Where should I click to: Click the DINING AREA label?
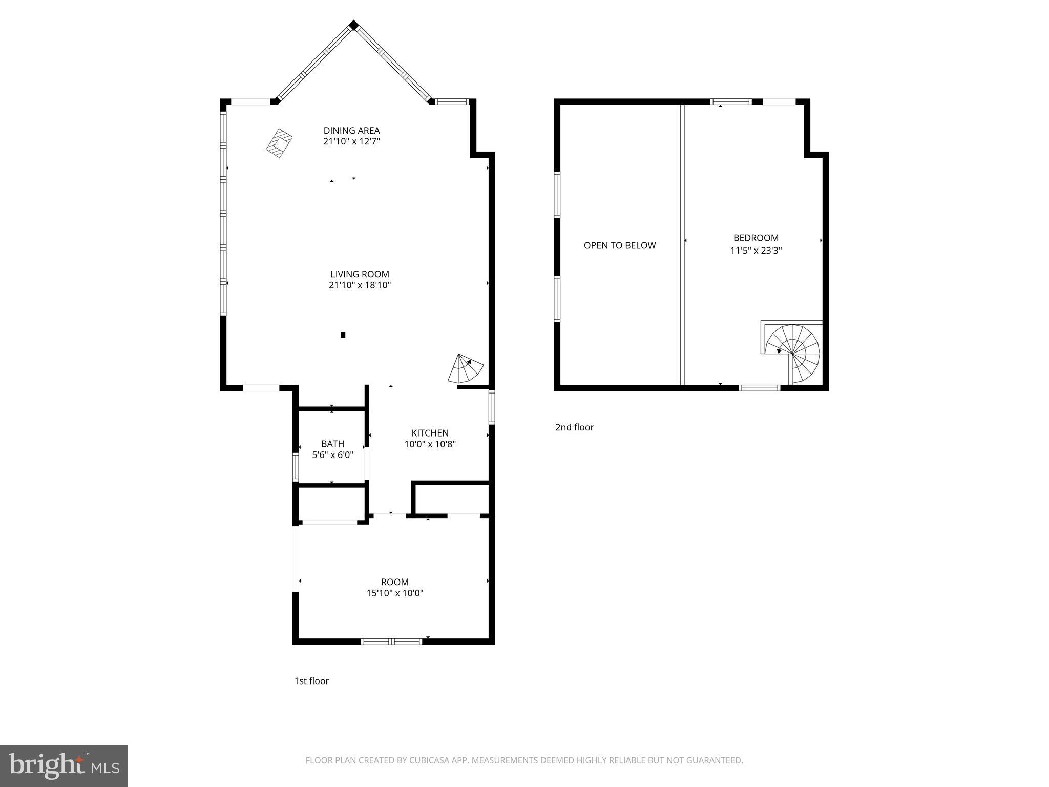pos(351,131)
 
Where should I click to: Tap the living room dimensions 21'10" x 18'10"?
pos(360,285)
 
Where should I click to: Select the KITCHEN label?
pos(430,433)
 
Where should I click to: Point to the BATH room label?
pos(332,444)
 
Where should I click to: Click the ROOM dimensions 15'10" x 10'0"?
pos(394,593)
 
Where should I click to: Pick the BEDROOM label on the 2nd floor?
pos(756,238)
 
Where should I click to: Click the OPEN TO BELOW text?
pos(619,245)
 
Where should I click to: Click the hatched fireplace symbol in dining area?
pos(279,143)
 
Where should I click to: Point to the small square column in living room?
pos(343,335)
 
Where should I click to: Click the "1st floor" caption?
pos(311,681)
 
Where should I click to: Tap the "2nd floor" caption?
pos(574,427)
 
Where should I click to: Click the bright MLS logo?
pos(64,765)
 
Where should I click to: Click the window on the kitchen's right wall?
pos(492,407)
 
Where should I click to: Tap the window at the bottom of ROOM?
pos(392,641)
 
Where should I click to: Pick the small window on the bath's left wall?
pos(296,467)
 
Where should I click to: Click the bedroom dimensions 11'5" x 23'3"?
pos(756,251)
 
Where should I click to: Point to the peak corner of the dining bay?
pos(353,25)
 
